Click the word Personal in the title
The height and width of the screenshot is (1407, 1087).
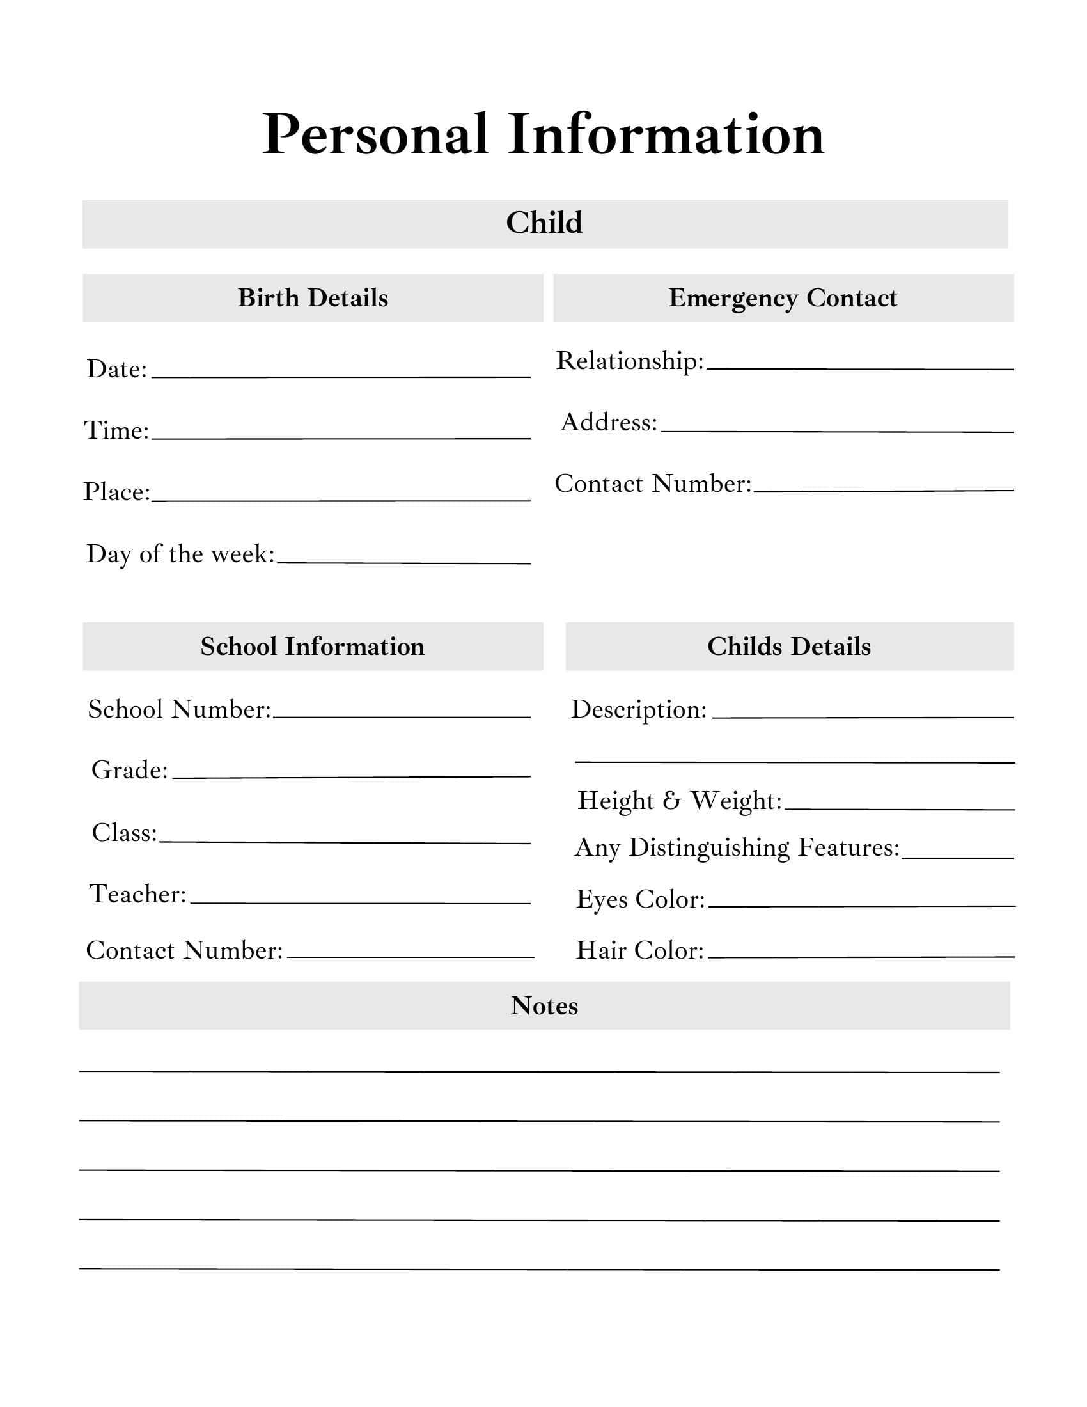pyautogui.click(x=375, y=136)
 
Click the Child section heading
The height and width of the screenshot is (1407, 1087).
pyautogui.click(x=544, y=223)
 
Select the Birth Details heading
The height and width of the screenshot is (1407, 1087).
pyautogui.click(x=313, y=298)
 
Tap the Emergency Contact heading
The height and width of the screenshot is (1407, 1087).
pyautogui.click(x=783, y=298)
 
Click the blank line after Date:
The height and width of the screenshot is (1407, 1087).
pyautogui.click(x=341, y=375)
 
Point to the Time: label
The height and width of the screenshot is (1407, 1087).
pyautogui.click(x=116, y=430)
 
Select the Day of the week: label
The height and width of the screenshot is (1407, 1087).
pyautogui.click(x=180, y=554)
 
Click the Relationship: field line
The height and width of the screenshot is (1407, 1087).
pyautogui.click(x=859, y=367)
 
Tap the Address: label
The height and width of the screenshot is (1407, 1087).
pyautogui.click(x=609, y=423)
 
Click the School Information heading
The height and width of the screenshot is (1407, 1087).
pyautogui.click(x=313, y=647)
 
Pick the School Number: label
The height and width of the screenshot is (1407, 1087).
pyautogui.click(x=180, y=709)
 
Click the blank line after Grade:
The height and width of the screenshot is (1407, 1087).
pyautogui.click(x=351, y=776)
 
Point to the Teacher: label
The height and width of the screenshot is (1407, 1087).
pyautogui.click(x=138, y=894)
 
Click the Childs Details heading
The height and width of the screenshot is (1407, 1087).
pyautogui.click(x=789, y=647)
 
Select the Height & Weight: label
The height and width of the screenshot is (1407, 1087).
pyautogui.click(x=679, y=801)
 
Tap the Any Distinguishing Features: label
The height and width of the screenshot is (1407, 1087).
pyautogui.click(x=737, y=848)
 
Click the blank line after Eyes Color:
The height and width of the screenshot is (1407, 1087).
pyautogui.click(x=861, y=905)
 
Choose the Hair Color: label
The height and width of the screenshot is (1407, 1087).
pyautogui.click(x=640, y=951)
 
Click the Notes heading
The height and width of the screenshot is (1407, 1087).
pyautogui.click(x=544, y=1006)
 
